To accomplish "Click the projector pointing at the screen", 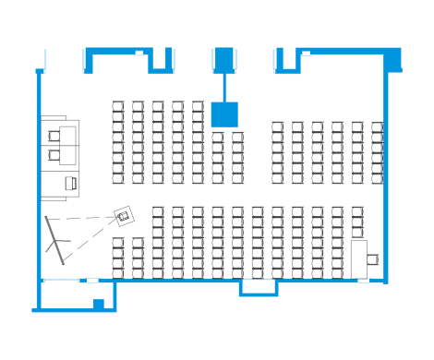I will click(123, 216).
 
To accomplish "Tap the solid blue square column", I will click(224, 114).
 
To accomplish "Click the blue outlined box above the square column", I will click(224, 60).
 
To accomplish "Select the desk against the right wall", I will click(361, 258).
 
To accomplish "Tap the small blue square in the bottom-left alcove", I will click(97, 303).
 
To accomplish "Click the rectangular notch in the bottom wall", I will click(259, 289).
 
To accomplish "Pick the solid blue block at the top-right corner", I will click(393, 60).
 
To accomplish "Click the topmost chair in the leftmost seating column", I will click(117, 107).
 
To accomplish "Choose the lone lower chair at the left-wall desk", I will click(70, 183).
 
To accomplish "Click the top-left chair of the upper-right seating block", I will click(277, 127).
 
